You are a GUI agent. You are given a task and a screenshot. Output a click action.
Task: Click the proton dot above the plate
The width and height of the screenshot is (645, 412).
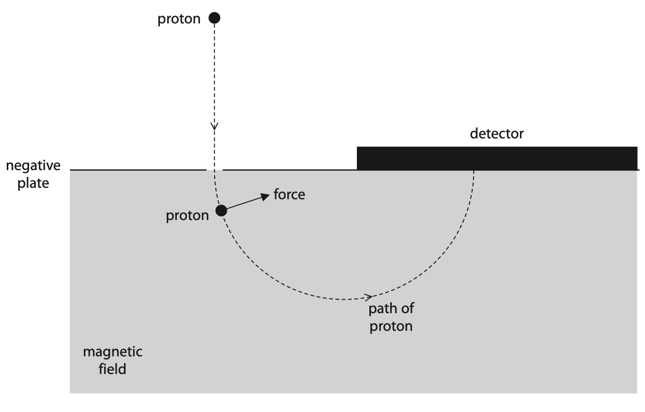tap(214, 18)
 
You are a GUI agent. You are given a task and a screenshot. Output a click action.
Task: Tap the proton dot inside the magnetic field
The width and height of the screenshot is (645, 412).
tap(221, 211)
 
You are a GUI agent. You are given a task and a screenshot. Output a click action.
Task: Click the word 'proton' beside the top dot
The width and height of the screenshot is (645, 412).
tap(179, 19)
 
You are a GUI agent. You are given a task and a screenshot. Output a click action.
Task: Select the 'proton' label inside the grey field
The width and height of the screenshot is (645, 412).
tap(187, 216)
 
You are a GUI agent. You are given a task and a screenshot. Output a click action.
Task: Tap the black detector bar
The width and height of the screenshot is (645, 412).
tap(497, 158)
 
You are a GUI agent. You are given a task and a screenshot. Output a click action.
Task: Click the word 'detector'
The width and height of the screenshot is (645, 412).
tap(497, 134)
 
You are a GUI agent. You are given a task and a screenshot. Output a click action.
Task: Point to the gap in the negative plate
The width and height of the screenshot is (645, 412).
tap(215, 170)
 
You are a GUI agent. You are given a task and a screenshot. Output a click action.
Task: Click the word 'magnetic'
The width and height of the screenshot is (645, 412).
tap(113, 352)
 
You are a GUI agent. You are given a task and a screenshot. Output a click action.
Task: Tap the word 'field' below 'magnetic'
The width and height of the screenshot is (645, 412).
tap(112, 370)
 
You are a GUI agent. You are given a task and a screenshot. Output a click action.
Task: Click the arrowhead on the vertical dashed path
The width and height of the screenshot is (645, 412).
tap(214, 126)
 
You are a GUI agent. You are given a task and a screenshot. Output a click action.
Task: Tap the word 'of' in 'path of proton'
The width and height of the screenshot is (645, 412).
tap(407, 309)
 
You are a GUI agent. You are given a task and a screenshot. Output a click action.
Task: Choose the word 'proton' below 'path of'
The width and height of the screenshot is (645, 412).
tap(391, 327)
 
